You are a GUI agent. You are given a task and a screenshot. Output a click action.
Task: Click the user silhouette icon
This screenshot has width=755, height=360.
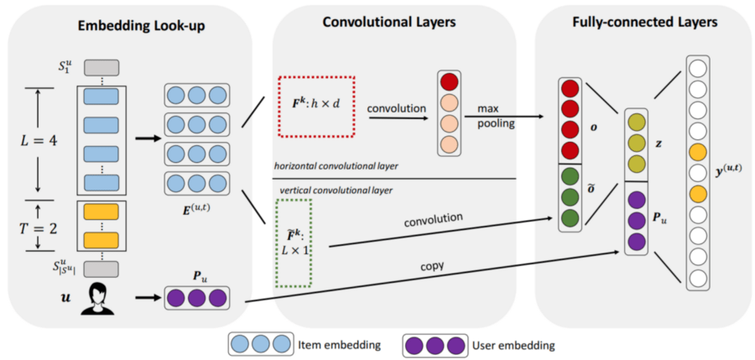click(97, 298)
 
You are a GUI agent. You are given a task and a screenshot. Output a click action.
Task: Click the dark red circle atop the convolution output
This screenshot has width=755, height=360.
click(450, 82)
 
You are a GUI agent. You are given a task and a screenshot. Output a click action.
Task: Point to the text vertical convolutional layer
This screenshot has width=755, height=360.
click(325, 190)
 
